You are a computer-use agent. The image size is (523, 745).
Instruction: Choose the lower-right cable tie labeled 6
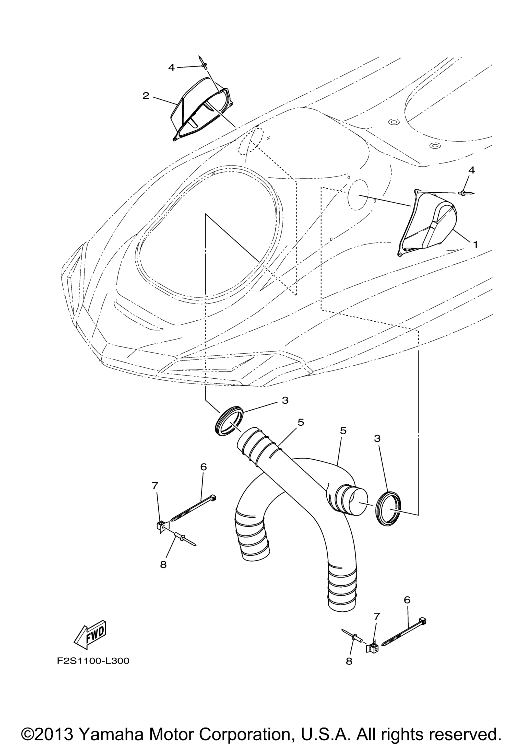point(404,632)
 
